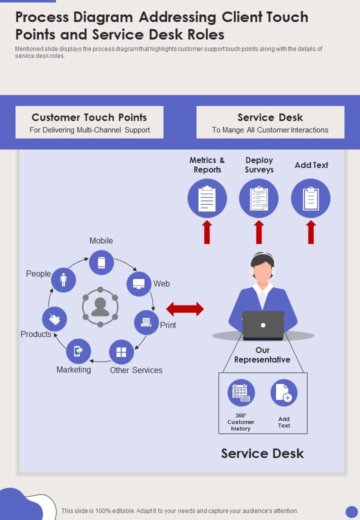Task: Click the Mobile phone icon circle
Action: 101,262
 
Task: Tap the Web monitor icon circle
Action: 138,284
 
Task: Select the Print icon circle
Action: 146,322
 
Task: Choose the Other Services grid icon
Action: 121,352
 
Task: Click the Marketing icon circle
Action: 78,351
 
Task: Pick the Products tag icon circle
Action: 54,319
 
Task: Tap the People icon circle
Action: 63,280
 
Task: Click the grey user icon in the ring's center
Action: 100,307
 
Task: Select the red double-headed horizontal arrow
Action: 185,309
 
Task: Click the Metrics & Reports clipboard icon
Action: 207,198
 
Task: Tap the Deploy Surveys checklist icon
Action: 259,198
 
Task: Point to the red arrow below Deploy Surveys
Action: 259,232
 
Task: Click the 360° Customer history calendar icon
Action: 241,392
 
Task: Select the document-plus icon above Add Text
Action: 284,392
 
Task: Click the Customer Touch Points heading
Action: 89,117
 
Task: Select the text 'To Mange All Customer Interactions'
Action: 270,130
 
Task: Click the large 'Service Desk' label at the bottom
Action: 262,453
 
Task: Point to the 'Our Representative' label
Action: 262,355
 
